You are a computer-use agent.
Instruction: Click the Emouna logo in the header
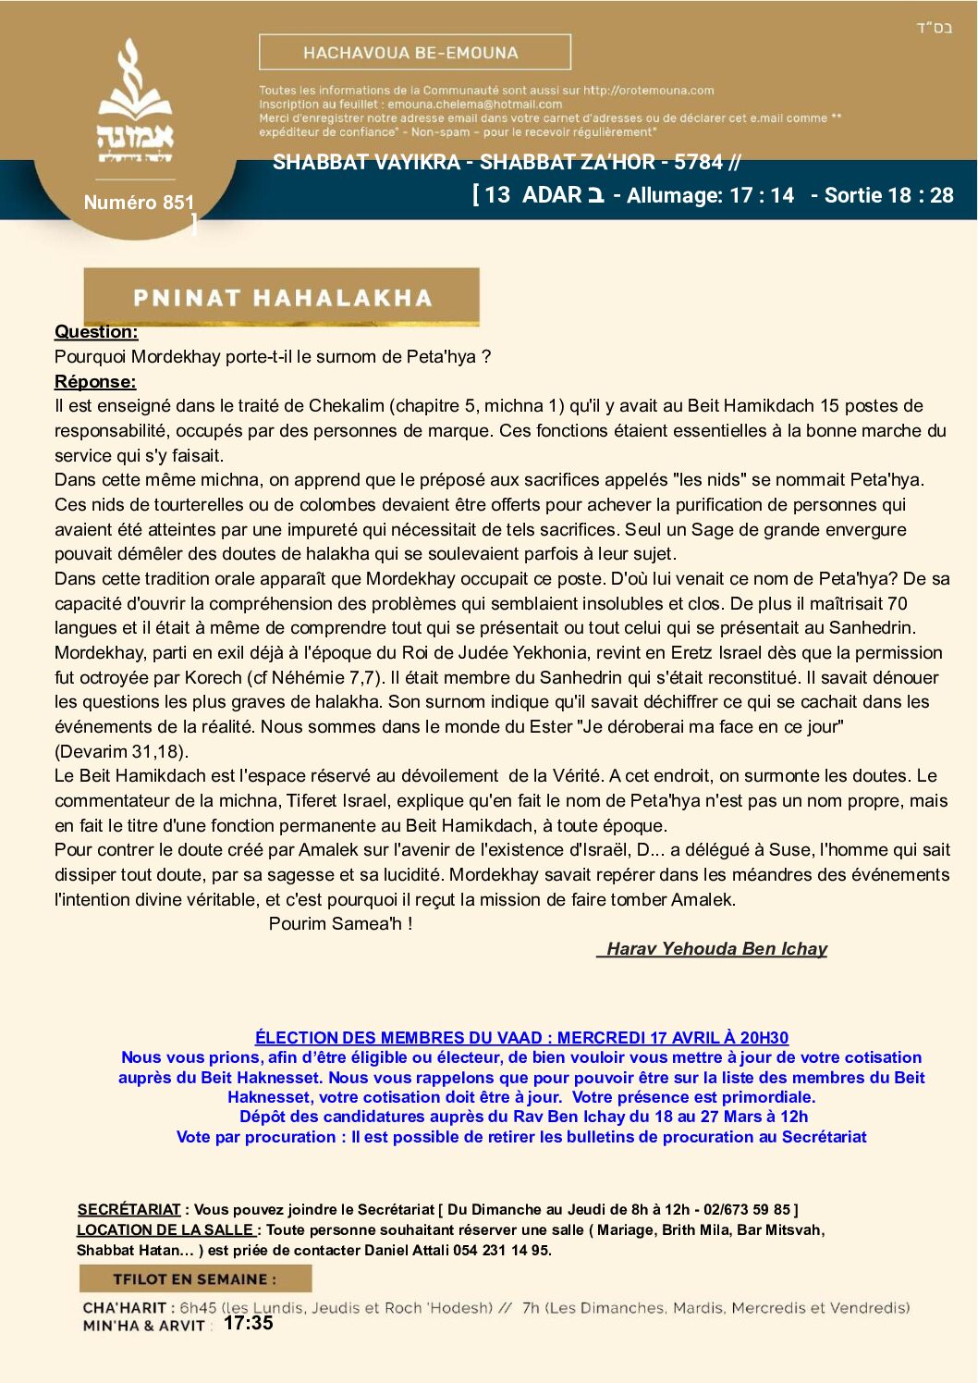[x=136, y=103]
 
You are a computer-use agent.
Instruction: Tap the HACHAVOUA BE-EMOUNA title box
[x=414, y=53]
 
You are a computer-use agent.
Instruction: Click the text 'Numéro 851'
[x=139, y=203]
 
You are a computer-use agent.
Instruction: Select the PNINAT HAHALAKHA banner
[x=281, y=297]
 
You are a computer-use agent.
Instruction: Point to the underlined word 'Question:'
[x=96, y=332]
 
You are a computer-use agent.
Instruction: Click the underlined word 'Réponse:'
[x=95, y=381]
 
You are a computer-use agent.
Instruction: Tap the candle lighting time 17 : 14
[x=762, y=195]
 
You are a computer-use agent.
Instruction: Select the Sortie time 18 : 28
[x=921, y=195]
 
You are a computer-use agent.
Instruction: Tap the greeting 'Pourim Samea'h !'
[x=340, y=923]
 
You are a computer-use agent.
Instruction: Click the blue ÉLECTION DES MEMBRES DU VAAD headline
[x=521, y=1038]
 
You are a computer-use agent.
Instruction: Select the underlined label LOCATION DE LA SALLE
[x=165, y=1229]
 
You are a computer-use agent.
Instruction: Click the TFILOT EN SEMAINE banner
[x=195, y=1278]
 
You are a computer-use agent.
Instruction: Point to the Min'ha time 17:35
[x=248, y=1323]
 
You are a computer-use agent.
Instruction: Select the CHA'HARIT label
[x=125, y=1308]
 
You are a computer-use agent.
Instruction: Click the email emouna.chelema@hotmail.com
[x=474, y=105]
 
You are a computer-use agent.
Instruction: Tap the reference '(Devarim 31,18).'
[x=121, y=751]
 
